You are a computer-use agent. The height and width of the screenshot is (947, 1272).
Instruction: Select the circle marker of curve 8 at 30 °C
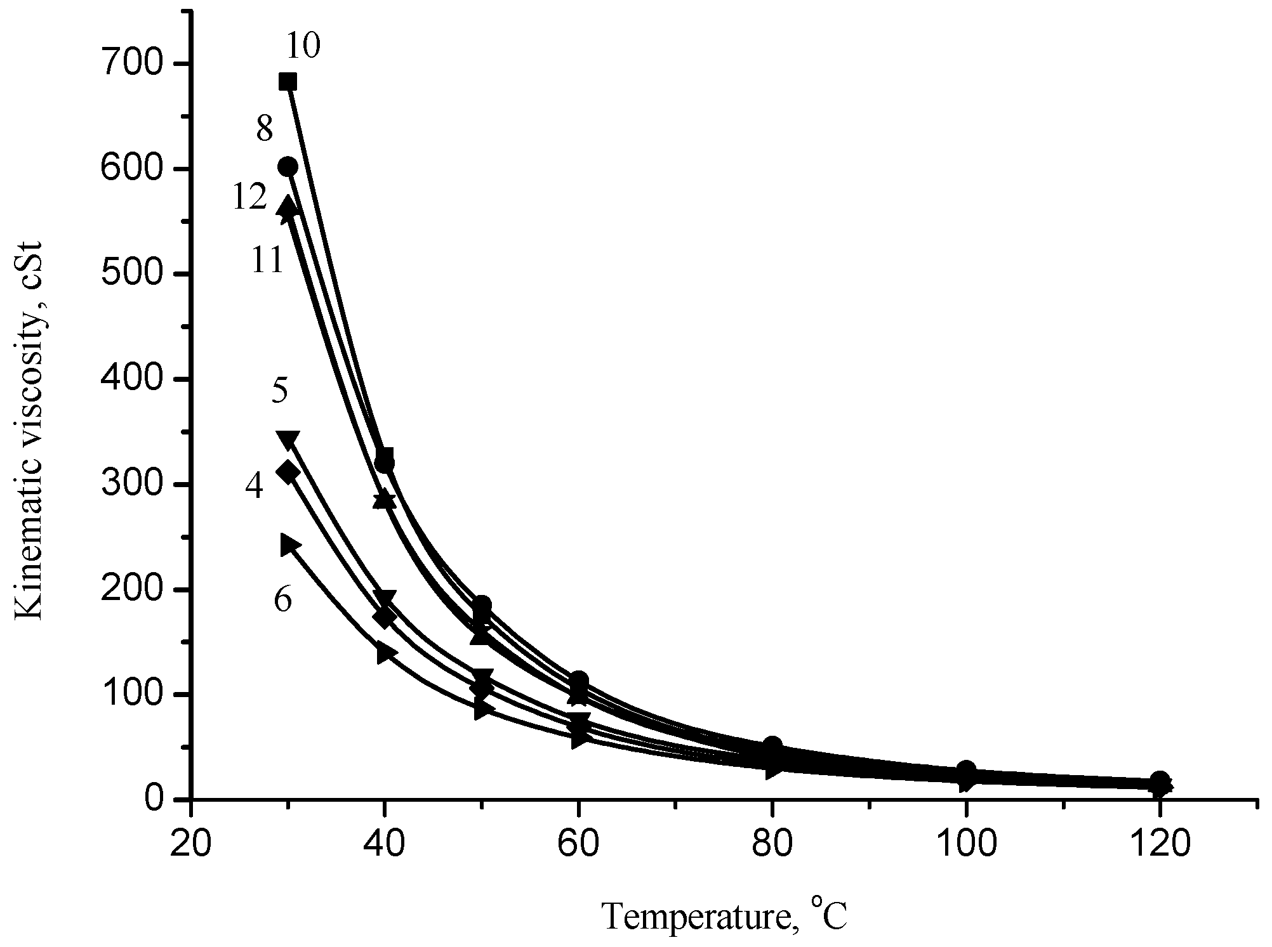(x=288, y=166)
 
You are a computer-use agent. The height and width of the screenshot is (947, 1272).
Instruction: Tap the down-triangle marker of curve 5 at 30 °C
(x=288, y=438)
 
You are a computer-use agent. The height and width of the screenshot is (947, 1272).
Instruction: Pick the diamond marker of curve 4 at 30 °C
(x=288, y=472)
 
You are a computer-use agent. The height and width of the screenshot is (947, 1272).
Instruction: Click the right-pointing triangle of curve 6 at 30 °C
(x=290, y=544)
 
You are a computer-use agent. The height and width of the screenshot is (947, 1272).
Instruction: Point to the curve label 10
(x=303, y=47)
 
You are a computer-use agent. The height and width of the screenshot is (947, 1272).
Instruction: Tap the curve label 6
(x=282, y=598)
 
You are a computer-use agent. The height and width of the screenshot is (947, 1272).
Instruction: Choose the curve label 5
(x=279, y=390)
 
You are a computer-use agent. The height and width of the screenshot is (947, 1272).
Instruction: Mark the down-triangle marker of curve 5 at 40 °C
(x=385, y=598)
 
